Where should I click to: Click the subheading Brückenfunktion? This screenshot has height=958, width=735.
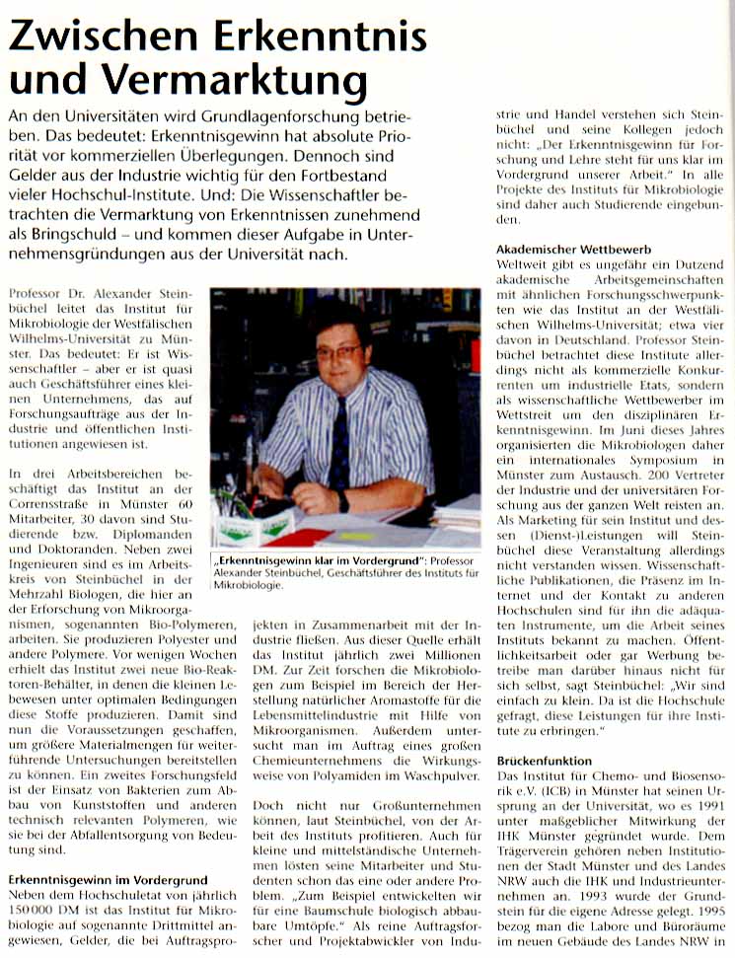[543, 761]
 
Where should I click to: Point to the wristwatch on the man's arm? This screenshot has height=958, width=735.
[342, 501]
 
